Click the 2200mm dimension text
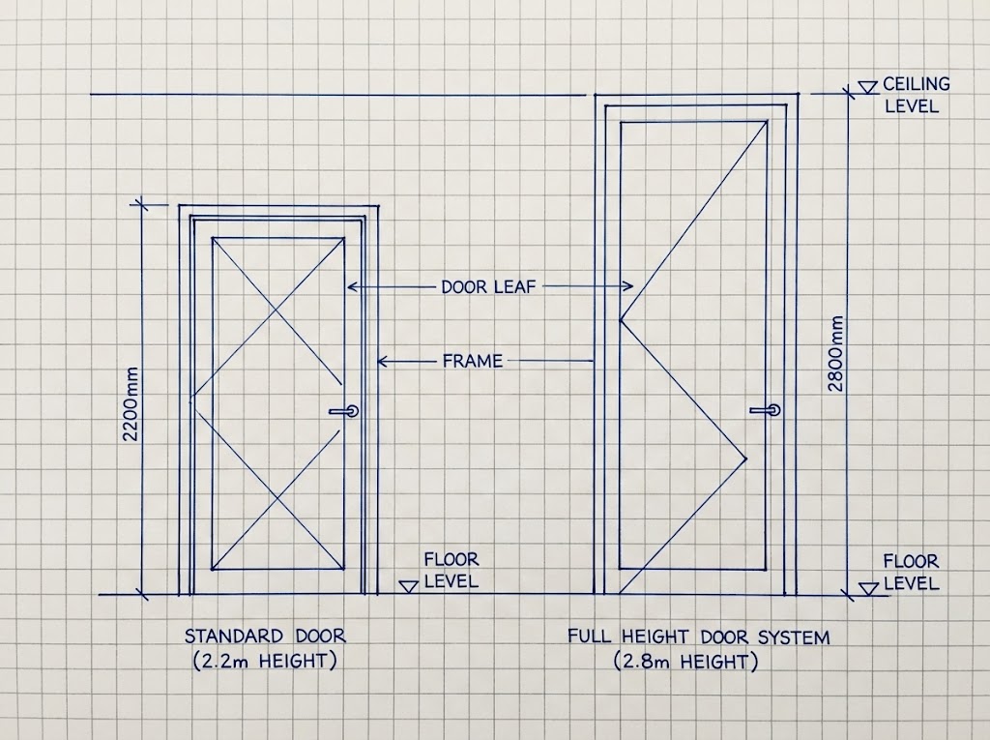131,404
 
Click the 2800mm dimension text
836,353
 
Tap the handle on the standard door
344,411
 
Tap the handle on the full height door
766,410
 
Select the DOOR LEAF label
488,287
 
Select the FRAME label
473,362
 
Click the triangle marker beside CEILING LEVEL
869,87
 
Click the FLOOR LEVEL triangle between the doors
409,587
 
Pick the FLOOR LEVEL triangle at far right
869,588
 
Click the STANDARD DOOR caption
265,636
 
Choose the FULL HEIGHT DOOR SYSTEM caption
698,636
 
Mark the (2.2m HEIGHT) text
265,661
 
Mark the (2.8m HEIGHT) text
685,662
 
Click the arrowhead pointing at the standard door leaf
352,287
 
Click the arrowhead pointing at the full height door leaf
627,286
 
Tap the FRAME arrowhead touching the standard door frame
383,362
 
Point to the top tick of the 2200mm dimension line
139,205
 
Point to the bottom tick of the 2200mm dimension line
140,594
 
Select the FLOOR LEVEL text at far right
911,572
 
